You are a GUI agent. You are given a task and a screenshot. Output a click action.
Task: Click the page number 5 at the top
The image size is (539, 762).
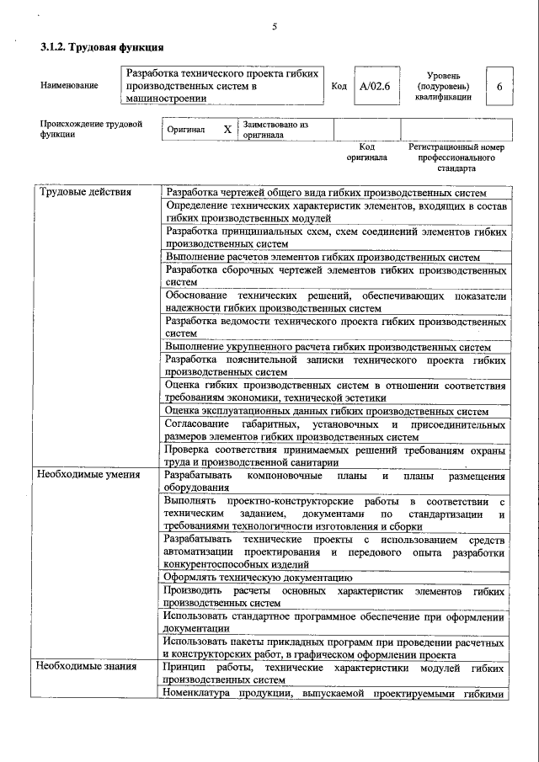pos(275,27)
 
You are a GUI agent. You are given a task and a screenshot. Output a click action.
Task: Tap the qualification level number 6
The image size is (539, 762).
pos(499,86)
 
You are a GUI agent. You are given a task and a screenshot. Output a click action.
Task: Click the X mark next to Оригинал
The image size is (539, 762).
pos(227,130)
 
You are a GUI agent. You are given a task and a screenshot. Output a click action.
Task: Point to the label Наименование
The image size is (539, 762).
pos(68,85)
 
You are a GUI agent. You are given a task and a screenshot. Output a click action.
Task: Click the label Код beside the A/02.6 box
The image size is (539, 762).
pos(339,86)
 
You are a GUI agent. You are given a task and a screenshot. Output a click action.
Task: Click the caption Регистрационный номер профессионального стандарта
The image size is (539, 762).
pos(456,157)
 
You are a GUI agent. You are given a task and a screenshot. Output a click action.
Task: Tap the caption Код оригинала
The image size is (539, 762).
pos(366,152)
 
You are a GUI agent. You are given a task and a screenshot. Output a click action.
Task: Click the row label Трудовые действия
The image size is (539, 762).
pos(83,192)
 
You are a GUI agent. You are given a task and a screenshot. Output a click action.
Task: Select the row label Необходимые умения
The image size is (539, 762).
pos(88,475)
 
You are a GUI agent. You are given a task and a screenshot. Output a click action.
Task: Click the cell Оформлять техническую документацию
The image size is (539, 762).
pos(258,578)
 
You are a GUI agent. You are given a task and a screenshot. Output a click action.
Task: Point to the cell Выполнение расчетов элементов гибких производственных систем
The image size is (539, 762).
pos(322,257)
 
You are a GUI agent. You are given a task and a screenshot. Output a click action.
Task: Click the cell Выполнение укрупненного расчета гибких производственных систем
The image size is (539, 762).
pos(327,346)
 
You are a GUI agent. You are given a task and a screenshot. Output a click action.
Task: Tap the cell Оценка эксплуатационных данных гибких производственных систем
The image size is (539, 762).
pos(326,411)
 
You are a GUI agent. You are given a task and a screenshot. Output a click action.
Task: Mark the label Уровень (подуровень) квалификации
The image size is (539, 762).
pos(443,86)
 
